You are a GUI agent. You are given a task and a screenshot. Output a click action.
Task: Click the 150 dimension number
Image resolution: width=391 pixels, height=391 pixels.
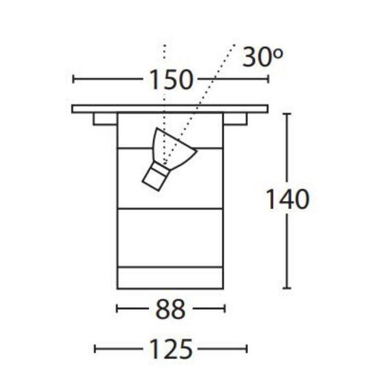171,80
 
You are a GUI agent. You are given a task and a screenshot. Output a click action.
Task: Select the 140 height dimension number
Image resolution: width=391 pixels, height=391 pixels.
287,200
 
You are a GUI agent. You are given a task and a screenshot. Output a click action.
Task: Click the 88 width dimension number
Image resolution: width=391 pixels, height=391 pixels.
171,310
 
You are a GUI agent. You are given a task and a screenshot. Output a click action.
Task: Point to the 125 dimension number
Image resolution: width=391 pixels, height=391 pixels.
171,349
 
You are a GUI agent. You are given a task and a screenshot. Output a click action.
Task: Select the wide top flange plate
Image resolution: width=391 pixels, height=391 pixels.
170,109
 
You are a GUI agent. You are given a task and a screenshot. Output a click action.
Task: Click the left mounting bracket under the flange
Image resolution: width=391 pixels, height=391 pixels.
105,119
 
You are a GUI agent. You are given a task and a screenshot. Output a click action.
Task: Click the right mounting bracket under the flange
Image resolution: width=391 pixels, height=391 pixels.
235,119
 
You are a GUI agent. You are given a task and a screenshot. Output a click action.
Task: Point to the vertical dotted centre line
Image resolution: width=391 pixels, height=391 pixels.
165,81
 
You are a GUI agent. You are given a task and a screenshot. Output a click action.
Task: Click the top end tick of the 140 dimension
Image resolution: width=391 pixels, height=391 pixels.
287,113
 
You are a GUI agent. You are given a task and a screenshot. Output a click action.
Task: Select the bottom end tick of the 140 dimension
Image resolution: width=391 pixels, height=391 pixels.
287,288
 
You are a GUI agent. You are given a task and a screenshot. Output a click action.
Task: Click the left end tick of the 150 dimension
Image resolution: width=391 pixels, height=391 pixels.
73,79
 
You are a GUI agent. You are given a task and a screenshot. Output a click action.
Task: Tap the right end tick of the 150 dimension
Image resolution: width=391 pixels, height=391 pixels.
268,79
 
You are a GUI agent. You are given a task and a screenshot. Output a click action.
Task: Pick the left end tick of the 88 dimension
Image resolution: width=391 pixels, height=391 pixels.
117,309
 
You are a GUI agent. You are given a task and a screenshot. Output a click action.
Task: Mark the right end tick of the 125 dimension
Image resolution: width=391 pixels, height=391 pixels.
247,348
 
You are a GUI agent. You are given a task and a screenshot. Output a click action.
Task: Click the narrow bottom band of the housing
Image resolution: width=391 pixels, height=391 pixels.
170,278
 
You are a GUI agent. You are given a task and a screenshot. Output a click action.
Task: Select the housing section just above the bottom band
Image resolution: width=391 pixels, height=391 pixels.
170,237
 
